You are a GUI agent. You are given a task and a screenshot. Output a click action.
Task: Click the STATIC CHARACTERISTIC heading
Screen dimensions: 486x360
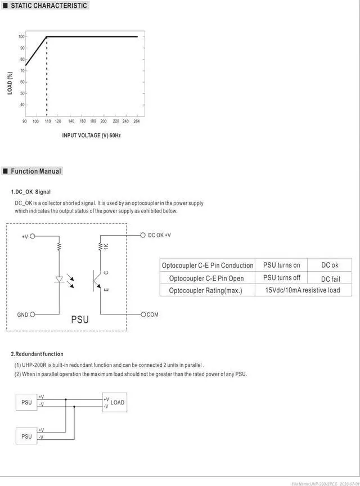coord(49,6)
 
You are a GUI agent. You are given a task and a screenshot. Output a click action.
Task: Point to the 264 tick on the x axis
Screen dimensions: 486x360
coord(136,121)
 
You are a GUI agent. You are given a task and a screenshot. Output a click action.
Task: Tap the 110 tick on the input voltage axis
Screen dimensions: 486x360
coord(47,121)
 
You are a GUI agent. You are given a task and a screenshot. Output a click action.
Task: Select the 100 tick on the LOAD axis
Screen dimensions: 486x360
coord(21,37)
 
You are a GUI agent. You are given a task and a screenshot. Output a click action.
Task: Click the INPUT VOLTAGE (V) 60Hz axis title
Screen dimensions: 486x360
coord(91,136)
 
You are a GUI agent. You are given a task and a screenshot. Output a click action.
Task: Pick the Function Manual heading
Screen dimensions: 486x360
coord(36,171)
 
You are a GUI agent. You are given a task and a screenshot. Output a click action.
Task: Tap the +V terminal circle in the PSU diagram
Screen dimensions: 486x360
coord(32,236)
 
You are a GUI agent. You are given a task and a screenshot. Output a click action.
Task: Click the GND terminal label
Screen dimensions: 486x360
coord(22,314)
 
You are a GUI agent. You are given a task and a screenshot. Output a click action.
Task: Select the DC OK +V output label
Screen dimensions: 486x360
coord(159,235)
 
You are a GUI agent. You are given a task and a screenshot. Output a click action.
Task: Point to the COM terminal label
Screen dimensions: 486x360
coord(152,314)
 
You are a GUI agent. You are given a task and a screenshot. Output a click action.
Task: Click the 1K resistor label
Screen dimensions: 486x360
coord(106,246)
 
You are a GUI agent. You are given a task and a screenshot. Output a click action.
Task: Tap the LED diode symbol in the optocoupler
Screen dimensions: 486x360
coord(58,278)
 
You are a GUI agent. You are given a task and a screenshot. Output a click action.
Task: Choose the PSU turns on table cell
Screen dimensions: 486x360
coord(281,265)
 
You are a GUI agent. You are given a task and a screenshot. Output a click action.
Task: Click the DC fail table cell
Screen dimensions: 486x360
coord(330,278)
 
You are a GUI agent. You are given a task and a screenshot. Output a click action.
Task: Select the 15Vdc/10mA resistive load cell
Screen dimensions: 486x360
coord(303,290)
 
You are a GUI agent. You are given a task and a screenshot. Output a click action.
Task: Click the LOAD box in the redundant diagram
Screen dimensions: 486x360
coord(115,402)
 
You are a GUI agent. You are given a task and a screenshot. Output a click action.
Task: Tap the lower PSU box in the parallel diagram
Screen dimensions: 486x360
coord(26,436)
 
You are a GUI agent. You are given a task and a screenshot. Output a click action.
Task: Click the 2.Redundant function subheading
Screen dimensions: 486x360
coord(37,354)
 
